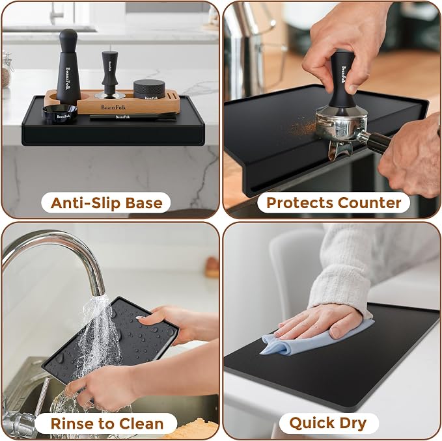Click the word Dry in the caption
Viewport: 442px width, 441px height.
pos(353,423)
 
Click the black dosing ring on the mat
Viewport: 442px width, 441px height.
pos(60,114)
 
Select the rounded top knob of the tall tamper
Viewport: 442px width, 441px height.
pos(68,36)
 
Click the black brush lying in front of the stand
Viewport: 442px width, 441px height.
pos(133,116)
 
